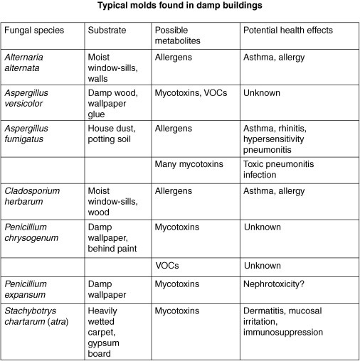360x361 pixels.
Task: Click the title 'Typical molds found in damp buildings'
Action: pos(180,7)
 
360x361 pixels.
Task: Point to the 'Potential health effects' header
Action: pos(287,31)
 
